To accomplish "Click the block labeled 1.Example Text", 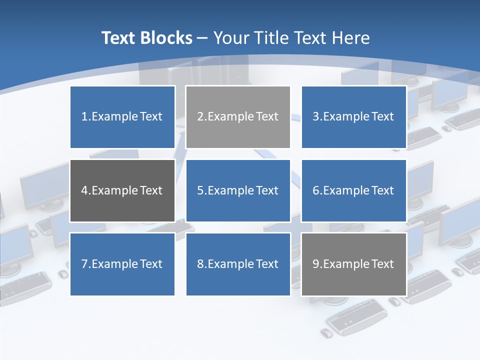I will coord(122,117).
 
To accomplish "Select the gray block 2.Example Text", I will coord(238,117).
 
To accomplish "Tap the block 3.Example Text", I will coord(353,117).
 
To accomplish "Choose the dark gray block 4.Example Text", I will coord(122,190).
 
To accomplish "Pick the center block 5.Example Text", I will coord(238,190).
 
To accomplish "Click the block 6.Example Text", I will coord(353,190).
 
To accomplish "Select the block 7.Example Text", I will coord(122,264).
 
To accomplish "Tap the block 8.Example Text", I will coord(238,264).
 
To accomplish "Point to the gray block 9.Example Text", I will coord(353,264).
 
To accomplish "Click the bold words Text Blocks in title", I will coord(146,38).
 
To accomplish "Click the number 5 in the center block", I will coord(200,190).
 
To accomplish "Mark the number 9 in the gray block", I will coord(315,264).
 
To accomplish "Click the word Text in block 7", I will coord(151,264).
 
